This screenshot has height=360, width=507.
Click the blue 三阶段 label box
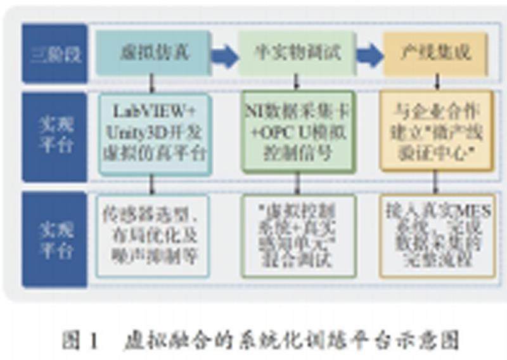point(54,53)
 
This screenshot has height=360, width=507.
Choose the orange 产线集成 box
point(436,53)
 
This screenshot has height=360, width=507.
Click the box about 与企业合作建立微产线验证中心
point(436,132)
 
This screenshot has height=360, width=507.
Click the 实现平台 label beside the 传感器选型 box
point(54,238)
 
